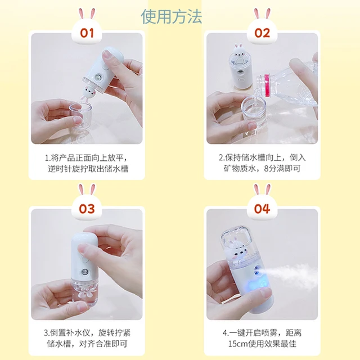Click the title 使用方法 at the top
(x=171, y=16)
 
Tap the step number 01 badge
(x=87, y=33)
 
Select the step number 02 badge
(x=262, y=33)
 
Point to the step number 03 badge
(x=87, y=209)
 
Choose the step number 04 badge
(x=262, y=209)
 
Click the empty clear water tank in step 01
(x=81, y=117)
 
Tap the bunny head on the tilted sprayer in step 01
(x=88, y=93)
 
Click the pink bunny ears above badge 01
(x=87, y=13)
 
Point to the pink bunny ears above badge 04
(x=262, y=190)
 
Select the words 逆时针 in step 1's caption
(x=60, y=169)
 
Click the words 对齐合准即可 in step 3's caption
(x=103, y=344)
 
